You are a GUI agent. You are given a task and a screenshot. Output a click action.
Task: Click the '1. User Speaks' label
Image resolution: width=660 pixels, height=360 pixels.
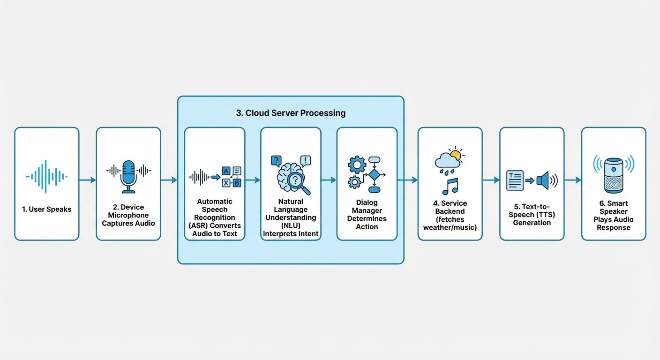click(47, 209)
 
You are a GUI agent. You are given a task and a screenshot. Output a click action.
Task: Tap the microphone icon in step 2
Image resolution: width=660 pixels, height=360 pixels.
click(128, 176)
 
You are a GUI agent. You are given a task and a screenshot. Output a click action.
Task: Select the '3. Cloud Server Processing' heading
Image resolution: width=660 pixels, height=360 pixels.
click(291, 113)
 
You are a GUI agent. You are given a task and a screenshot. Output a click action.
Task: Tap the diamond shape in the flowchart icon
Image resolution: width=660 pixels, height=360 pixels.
click(374, 175)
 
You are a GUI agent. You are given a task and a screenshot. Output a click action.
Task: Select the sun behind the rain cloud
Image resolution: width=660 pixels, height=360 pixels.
click(454, 155)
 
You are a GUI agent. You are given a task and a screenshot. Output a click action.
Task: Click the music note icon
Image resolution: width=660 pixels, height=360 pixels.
click(450, 186)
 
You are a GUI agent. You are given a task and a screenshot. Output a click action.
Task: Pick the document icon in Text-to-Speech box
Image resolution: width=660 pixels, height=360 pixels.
click(515, 180)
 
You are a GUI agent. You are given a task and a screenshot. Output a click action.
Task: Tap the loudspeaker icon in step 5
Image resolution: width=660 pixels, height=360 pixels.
click(545, 180)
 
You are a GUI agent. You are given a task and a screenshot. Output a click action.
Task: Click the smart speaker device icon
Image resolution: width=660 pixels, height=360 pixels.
click(614, 175)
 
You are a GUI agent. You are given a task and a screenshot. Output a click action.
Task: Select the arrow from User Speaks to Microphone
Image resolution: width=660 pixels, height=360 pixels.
click(88, 180)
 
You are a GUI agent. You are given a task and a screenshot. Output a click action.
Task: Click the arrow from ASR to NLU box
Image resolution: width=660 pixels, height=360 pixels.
click(253, 180)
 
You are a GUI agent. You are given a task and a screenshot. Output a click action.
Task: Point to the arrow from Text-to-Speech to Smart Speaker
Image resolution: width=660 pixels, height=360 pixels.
click(573, 180)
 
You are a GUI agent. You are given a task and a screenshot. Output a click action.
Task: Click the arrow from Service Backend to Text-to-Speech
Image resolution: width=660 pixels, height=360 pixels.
click(491, 180)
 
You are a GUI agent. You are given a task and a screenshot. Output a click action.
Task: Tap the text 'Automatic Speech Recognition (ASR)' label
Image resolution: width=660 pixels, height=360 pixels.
click(215, 217)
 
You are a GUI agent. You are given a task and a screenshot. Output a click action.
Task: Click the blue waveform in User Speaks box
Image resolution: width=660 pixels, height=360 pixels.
click(46, 177)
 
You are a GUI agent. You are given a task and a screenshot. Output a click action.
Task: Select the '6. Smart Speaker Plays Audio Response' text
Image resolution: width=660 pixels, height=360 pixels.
click(614, 216)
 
